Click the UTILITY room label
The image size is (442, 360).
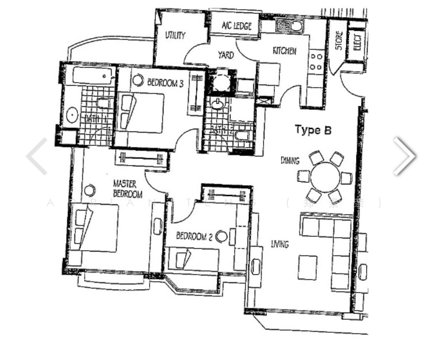point(175,35)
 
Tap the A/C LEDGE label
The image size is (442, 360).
point(237,26)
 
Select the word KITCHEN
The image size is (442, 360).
point(284,51)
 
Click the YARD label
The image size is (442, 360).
point(225,55)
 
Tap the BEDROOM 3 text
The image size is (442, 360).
point(165,83)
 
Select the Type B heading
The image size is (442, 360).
point(312,130)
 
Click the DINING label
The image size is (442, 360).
point(290,160)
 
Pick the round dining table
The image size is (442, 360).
point(324,177)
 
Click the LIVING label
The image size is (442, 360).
point(279,244)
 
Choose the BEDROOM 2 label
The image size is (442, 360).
point(194,236)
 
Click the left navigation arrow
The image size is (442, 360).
point(37,156)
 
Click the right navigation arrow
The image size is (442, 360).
point(404,156)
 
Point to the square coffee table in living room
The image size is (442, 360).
point(308,266)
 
